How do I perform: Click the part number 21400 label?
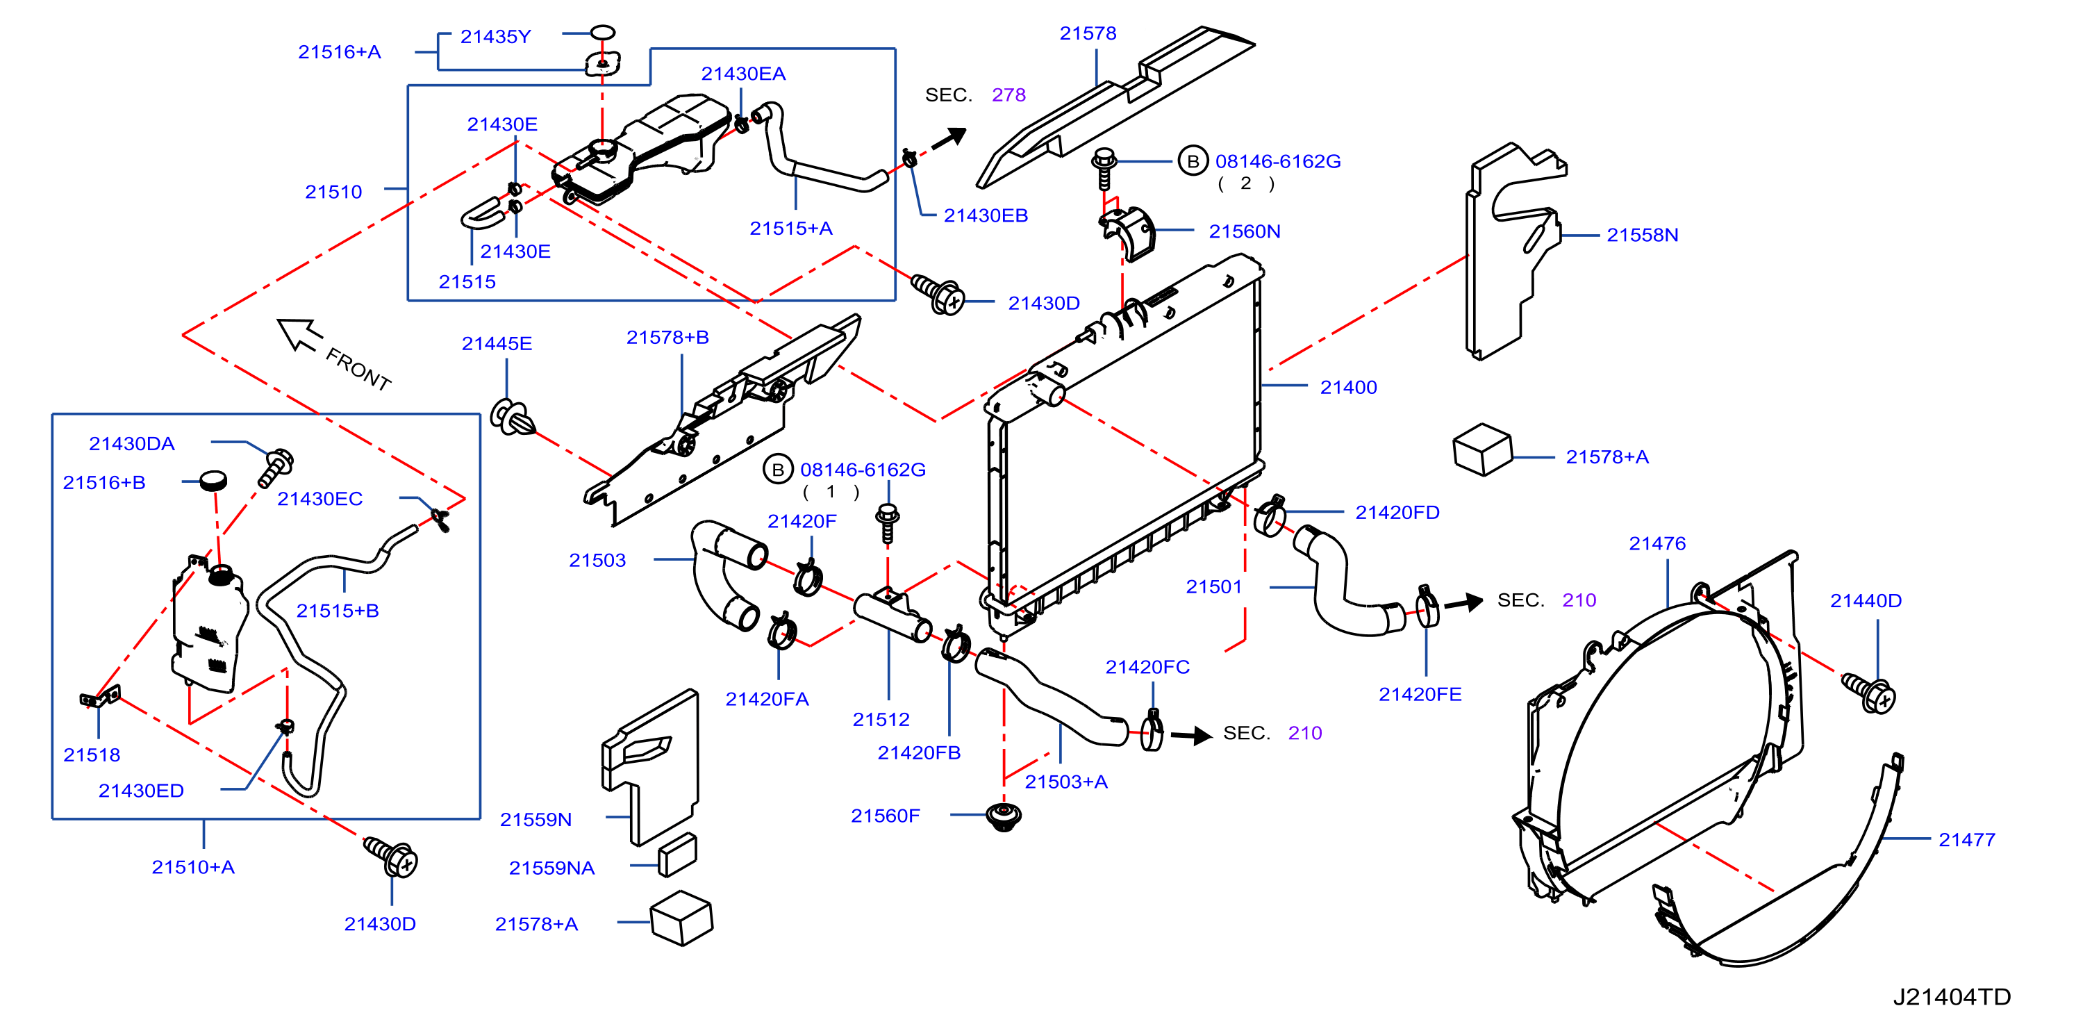[x=1348, y=388]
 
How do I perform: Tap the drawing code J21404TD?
[x=1952, y=997]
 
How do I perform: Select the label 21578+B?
[x=667, y=337]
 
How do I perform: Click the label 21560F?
[x=885, y=816]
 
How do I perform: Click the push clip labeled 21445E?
[x=513, y=418]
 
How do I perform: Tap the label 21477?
[x=1966, y=840]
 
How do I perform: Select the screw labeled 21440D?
[x=1868, y=692]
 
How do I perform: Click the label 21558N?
[x=1642, y=235]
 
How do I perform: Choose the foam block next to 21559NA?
[x=677, y=855]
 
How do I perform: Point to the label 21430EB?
[x=985, y=215]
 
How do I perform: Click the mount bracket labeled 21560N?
[x=1129, y=233]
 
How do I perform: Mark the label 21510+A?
[x=193, y=867]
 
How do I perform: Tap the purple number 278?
[x=1008, y=95]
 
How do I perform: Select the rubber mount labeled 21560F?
[x=1004, y=816]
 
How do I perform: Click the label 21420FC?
[x=1147, y=667]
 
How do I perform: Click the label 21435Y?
[x=495, y=37]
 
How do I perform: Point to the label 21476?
[x=1657, y=543]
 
